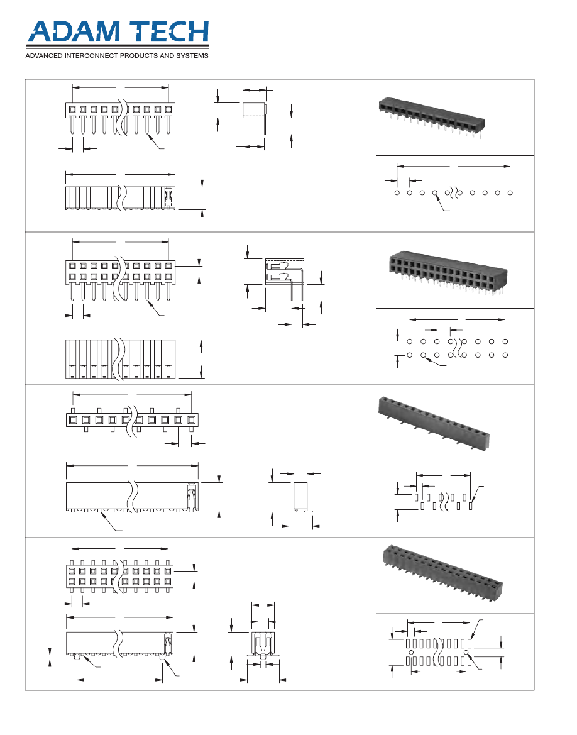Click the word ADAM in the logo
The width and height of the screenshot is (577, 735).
[x=74, y=31]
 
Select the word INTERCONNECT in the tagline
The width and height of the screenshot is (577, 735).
[x=91, y=56]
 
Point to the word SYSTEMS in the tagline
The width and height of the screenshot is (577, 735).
[x=192, y=56]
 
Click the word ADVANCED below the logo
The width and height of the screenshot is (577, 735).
[x=44, y=56]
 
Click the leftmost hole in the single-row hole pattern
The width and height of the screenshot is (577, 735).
[x=397, y=192]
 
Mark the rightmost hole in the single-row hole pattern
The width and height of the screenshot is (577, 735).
[x=510, y=192]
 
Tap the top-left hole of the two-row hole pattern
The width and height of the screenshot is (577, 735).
[x=410, y=341]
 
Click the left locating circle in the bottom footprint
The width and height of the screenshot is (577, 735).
[x=411, y=652]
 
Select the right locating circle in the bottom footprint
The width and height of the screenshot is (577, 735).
[x=466, y=652]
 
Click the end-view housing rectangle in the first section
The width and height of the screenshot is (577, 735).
[x=254, y=110]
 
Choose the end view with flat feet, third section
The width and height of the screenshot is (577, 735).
[x=300, y=497]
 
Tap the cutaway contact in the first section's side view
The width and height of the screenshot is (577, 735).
[x=168, y=198]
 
